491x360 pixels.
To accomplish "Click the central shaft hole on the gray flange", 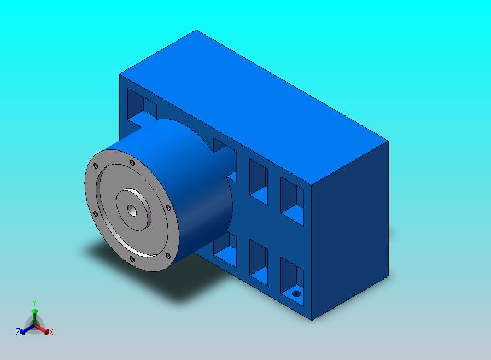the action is [132, 211].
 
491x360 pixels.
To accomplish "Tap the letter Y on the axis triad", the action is [34, 303].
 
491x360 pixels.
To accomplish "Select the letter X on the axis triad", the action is [51, 333].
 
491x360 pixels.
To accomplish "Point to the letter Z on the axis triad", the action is [18, 332].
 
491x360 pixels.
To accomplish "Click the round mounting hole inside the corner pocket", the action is [296, 294].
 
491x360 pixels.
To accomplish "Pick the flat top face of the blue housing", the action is [254, 107].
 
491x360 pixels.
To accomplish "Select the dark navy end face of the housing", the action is [350, 230].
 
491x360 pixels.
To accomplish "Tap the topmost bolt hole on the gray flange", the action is [132, 162].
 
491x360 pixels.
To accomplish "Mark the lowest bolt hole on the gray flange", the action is [132, 259].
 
